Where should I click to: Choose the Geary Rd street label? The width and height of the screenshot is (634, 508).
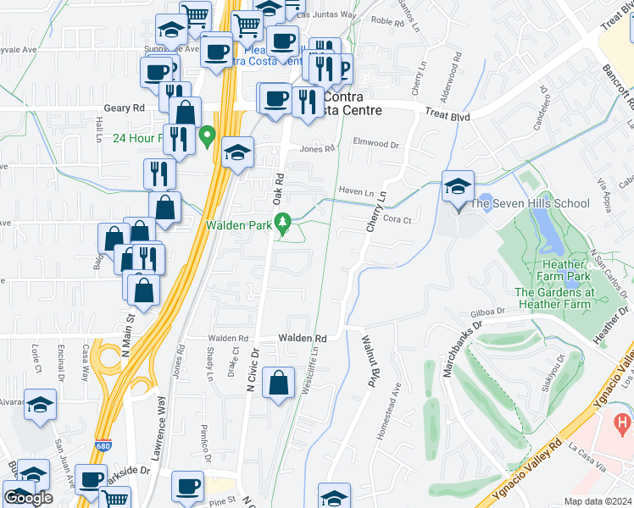pos(125,108)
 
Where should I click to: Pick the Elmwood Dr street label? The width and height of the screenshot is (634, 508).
pos(375,143)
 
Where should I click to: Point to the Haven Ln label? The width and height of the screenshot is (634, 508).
pos(356,191)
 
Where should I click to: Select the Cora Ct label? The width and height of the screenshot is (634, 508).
pos(397,218)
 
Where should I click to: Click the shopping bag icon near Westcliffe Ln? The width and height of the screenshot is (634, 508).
pos(279,384)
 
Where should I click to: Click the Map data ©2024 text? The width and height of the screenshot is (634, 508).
pos(597,501)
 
